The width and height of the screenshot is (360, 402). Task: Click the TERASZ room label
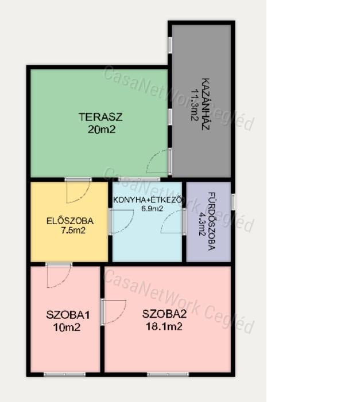[100, 117]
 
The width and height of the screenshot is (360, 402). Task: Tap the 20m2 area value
[102, 130]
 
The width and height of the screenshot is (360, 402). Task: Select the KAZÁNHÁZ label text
[206, 104]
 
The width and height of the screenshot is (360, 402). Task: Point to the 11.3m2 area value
[195, 105]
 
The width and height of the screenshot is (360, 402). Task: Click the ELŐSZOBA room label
[70, 221]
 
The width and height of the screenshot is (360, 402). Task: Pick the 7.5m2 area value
[73, 231]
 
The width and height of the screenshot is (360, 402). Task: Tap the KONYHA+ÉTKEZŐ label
[148, 200]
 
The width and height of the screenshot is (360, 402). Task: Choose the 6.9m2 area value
[152, 208]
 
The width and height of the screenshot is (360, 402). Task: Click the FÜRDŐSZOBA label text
[211, 221]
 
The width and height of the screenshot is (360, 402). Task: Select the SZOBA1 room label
[68, 315]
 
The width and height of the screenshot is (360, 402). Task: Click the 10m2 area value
[67, 327]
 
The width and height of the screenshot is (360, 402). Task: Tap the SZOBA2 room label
[164, 314]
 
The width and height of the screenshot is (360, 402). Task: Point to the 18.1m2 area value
[164, 326]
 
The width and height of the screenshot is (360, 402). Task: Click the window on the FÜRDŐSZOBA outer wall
[233, 201]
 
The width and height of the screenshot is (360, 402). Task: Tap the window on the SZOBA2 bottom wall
[168, 374]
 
